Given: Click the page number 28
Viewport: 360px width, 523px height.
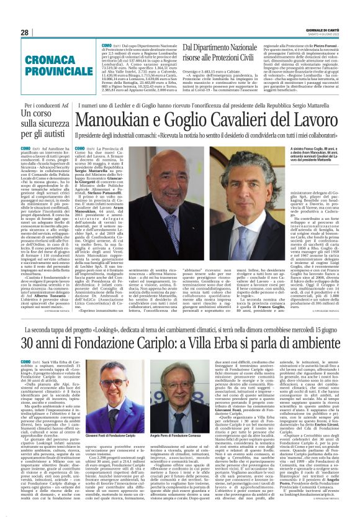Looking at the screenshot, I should [x=24, y=32].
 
